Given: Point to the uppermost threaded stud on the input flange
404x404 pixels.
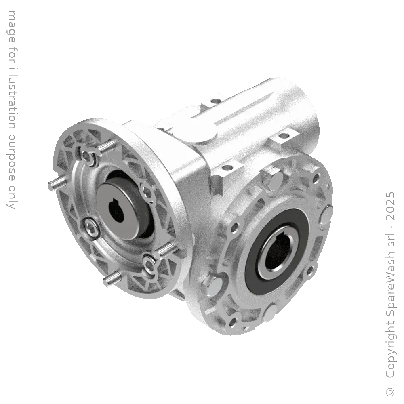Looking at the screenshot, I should [107, 147].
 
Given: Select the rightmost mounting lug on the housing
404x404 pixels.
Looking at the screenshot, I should [288, 135].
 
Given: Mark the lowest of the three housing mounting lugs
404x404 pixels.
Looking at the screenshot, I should [227, 166].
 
